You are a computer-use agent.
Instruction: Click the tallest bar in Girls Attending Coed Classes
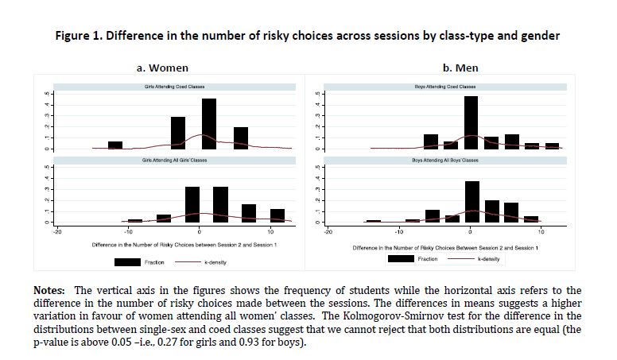point(209,123)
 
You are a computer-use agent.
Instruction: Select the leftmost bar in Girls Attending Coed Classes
point(115,145)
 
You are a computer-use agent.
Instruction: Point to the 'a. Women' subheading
point(163,68)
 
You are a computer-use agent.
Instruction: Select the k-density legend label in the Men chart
point(488,260)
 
